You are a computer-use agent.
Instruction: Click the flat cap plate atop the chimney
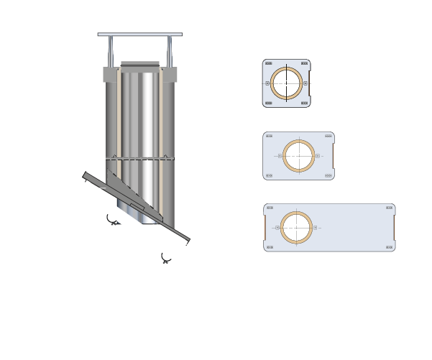click(139, 34)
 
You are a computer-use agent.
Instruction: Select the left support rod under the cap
click(110, 51)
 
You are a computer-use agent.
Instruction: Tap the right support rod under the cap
click(170, 51)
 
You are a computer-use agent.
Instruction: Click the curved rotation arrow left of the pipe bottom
click(112, 220)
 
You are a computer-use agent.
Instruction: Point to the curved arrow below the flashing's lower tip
click(166, 258)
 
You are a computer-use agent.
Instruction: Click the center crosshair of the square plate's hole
click(285, 83)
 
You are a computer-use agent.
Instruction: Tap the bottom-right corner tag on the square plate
click(305, 103)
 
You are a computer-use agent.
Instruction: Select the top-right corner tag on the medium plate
click(328, 136)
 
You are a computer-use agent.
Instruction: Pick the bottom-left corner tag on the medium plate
click(269, 175)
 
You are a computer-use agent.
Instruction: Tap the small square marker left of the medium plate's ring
click(279, 155)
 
